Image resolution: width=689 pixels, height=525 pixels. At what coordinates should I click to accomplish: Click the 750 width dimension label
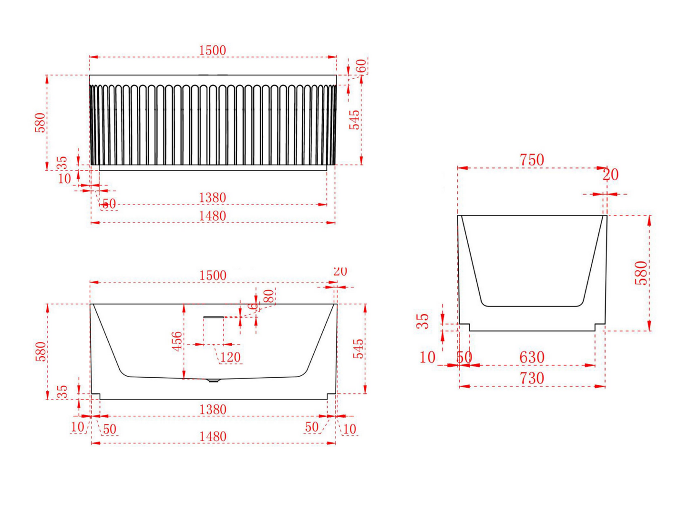532,160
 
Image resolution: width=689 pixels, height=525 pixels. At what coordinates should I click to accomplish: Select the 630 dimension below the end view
532,357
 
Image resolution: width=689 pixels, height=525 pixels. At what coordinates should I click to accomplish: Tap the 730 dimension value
532,378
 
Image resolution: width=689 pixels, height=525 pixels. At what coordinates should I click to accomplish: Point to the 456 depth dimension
177,341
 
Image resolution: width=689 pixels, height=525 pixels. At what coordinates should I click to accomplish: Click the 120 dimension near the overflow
230,357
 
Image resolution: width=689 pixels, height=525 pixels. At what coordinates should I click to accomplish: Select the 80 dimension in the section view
269,296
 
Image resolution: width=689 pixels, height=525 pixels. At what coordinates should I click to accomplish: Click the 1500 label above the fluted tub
212,50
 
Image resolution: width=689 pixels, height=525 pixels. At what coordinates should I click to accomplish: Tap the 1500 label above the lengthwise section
213,276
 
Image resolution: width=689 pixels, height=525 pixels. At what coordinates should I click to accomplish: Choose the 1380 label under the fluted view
212,197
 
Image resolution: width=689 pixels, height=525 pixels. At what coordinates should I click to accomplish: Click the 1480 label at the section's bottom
213,436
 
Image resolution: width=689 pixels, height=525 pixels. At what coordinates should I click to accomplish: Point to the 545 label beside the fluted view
354,120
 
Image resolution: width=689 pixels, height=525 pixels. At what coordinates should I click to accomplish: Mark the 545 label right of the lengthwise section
359,349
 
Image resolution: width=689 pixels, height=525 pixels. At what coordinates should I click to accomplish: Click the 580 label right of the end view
642,273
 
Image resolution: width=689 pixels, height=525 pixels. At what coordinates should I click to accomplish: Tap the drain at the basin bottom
213,381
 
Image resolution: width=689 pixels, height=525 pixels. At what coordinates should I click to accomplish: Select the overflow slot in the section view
213,317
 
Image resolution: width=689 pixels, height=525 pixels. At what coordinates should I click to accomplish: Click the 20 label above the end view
610,175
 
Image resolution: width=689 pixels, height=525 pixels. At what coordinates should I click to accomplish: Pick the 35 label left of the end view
423,321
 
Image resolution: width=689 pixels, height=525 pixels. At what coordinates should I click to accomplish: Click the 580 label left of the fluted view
41,123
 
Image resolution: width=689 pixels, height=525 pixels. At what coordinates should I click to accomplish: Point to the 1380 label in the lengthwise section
213,410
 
